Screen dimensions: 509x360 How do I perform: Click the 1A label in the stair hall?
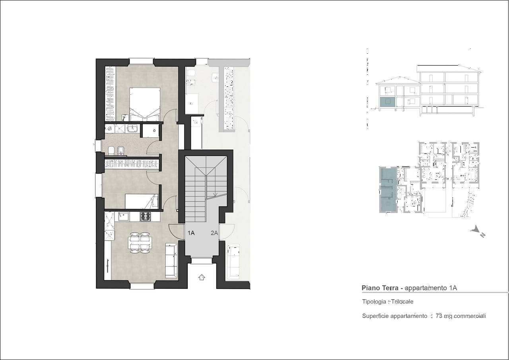click(191, 233)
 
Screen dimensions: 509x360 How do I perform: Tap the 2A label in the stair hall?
click(214, 233)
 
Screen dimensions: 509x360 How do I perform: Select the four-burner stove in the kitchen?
click(145, 216)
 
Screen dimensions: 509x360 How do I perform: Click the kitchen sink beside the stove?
click(123, 216)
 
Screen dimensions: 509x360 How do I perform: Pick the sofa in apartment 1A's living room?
click(171, 261)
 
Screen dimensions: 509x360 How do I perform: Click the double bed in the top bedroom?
click(145, 104)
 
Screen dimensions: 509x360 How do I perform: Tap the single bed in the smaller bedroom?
click(142, 201)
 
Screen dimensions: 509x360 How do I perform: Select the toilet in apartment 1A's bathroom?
click(111, 150)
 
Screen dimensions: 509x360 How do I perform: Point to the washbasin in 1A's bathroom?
click(132, 128)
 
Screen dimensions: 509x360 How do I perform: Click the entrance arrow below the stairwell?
click(202, 278)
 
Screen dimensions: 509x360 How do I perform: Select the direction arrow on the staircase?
click(215, 194)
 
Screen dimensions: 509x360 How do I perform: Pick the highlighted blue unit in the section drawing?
click(388, 102)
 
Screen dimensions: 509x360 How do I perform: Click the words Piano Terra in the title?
click(380, 288)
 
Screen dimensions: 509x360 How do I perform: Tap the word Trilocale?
click(402, 302)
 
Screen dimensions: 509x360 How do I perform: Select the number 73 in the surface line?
click(439, 316)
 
